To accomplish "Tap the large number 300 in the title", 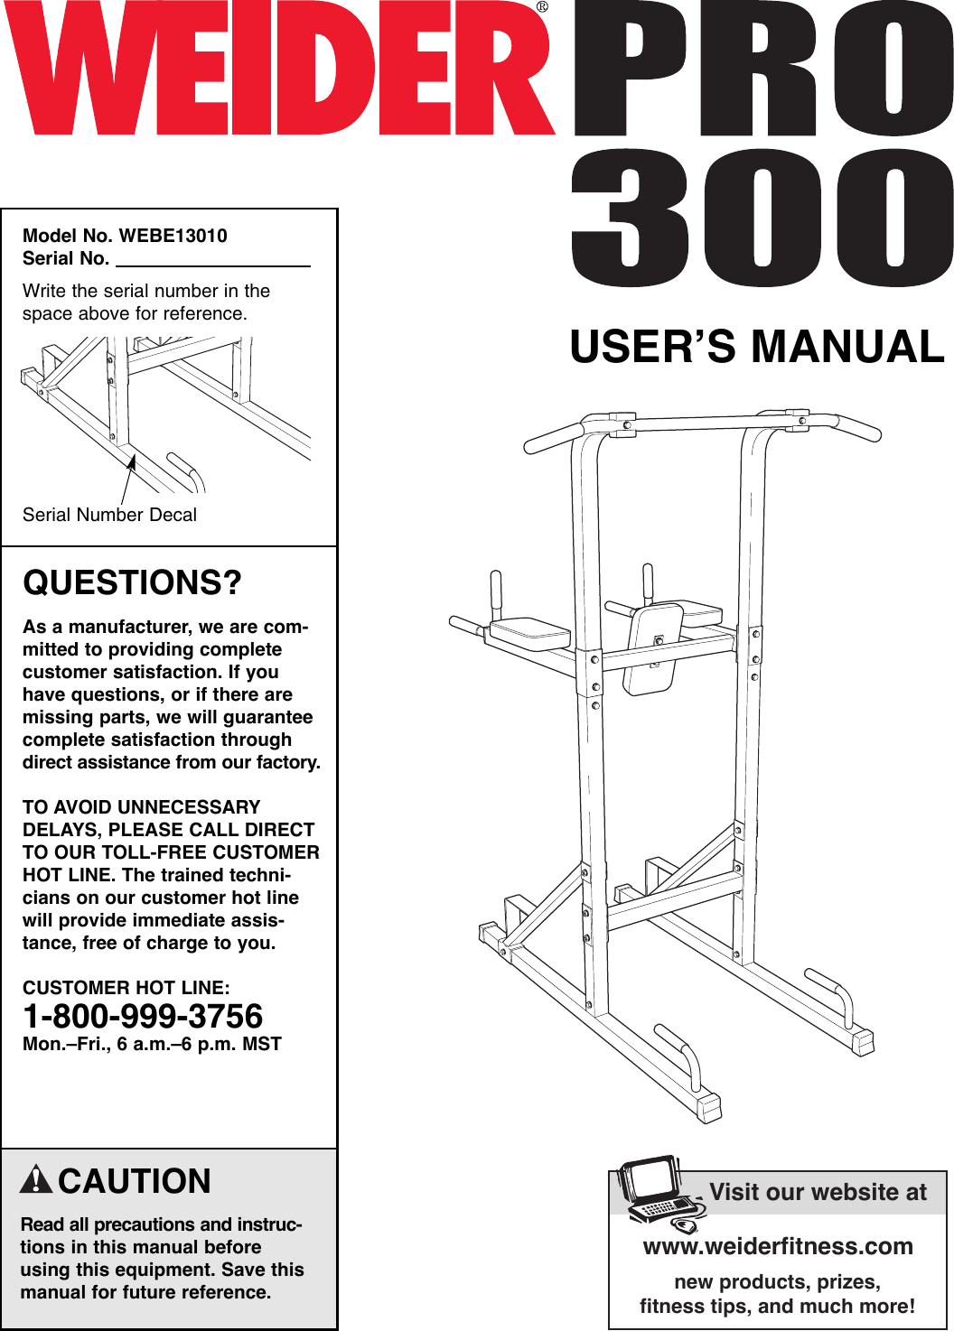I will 762,219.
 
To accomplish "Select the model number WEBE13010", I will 173,236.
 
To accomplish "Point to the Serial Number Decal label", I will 109,515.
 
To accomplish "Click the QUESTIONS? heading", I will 132,582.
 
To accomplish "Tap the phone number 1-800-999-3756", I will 143,1017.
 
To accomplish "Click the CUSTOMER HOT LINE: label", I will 126,988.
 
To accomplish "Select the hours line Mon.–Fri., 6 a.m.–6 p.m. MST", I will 152,1044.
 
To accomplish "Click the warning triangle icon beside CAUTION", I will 36,1179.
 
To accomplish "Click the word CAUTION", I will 135,1181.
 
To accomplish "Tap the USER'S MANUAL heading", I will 757,347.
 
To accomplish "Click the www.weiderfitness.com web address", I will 778,1246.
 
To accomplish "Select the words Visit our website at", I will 818,1192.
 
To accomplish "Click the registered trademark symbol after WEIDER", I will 542,7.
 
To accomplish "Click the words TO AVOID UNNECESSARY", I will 141,807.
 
